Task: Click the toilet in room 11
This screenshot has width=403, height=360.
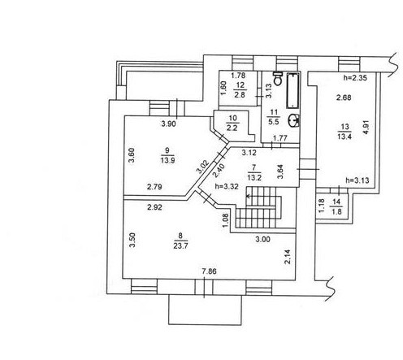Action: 277,79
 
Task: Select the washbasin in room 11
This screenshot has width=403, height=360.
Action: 294,120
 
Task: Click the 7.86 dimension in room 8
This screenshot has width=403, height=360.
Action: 209,271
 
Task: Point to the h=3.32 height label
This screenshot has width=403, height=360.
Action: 226,186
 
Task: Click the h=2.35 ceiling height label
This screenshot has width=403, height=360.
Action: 355,78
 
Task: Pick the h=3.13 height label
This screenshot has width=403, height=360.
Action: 357,180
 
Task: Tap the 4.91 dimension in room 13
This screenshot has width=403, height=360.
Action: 366,128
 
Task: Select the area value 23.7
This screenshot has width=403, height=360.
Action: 180,246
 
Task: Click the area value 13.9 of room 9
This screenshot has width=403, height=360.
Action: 167,160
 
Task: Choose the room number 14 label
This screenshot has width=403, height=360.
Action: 336,202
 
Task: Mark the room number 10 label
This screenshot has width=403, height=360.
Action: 233,118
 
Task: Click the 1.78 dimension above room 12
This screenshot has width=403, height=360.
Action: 238,76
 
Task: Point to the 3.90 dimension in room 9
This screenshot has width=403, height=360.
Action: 168,124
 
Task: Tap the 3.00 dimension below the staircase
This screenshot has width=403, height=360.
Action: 262,239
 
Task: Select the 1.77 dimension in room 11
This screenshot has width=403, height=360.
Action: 279,138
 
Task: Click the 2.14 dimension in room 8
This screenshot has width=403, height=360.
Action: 288,257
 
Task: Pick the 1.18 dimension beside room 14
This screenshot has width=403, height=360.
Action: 321,206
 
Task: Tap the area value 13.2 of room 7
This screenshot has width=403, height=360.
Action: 254,178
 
